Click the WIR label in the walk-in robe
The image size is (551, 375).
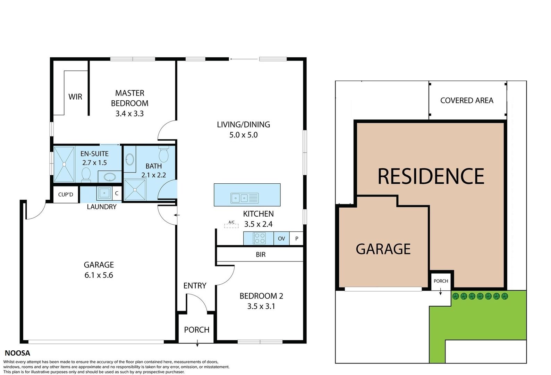[75, 97]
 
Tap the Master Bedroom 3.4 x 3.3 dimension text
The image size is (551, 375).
[130, 114]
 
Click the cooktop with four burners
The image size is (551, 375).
[260, 238]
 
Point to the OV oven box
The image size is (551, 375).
[281, 238]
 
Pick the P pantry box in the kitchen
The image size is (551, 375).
[297, 238]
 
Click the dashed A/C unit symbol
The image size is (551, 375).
[231, 226]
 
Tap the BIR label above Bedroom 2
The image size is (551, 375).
[261, 255]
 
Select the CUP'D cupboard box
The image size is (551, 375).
[66, 194]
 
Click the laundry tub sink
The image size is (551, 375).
[104, 193]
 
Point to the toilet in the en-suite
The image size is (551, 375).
[86, 175]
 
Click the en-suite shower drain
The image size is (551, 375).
[64, 164]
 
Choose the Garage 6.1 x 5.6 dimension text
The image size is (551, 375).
[99, 275]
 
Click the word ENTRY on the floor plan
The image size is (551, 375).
[195, 286]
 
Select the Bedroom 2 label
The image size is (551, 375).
[261, 296]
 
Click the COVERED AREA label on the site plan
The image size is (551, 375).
[467, 100]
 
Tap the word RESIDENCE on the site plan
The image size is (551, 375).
[431, 176]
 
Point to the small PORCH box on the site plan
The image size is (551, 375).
[441, 281]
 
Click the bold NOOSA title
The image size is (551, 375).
[17, 353]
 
